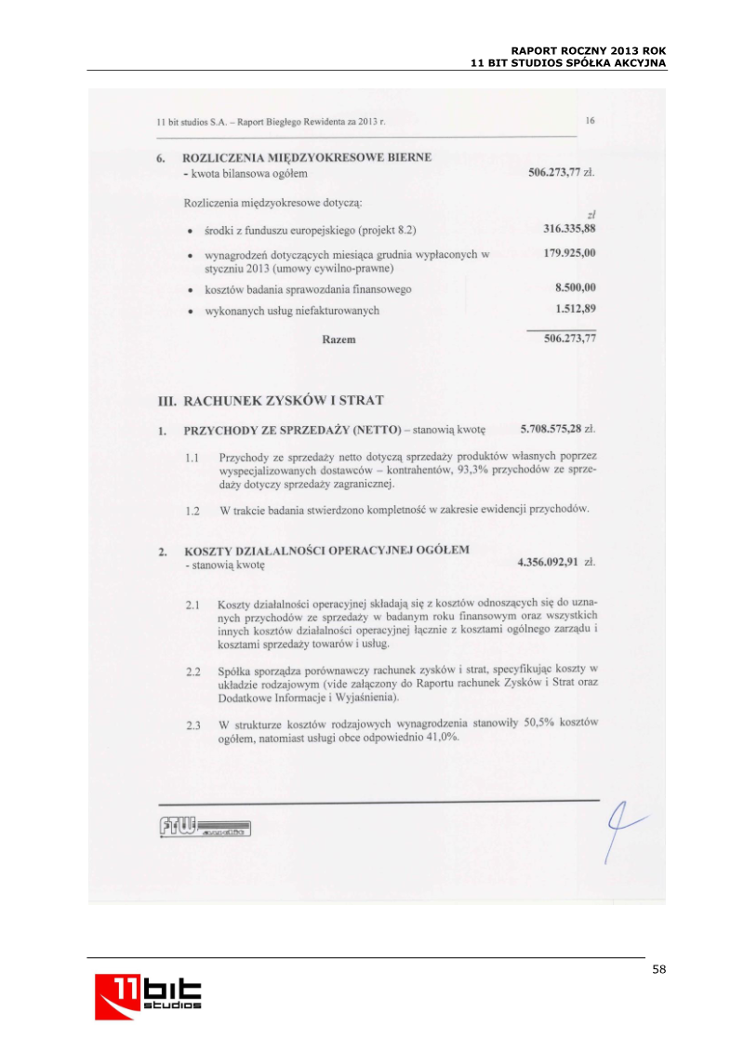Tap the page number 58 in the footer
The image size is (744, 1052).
(659, 969)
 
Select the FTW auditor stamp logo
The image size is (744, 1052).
(204, 828)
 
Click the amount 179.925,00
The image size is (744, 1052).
(569, 253)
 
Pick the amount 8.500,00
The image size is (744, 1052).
(575, 288)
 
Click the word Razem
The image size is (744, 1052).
(339, 340)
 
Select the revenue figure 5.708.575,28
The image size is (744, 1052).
(551, 430)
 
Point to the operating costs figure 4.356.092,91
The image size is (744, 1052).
(548, 563)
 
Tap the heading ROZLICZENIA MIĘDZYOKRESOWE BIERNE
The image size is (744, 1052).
(307, 157)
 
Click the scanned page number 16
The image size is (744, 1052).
(591, 120)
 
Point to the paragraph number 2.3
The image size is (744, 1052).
(193, 725)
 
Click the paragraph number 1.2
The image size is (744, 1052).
(193, 511)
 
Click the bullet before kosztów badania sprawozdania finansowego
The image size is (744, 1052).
(190, 289)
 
